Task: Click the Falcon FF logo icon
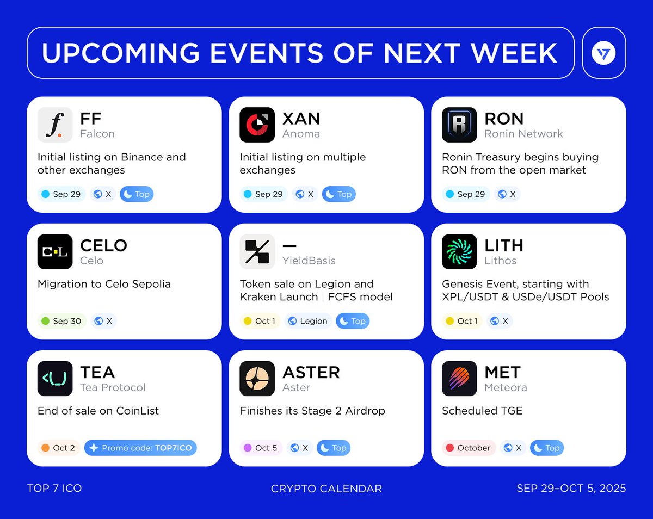pos(55,125)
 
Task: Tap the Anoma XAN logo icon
pos(257,125)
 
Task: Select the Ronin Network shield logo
pos(459,125)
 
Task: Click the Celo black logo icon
pos(55,252)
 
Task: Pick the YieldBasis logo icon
pos(257,252)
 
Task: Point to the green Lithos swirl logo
pos(459,252)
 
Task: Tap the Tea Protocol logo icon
pos(55,379)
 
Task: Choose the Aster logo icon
pos(257,379)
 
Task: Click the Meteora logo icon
pos(459,379)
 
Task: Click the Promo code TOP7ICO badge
pos(140,448)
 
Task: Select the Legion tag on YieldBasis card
pos(308,321)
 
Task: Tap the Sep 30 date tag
pos(62,321)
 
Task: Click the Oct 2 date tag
pos(59,448)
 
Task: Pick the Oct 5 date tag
pos(261,448)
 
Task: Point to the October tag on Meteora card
pos(469,448)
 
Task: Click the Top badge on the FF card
pos(137,194)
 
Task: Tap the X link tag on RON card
pos(507,194)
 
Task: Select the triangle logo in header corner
pos(604,53)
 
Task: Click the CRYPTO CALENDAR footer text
pos(326,489)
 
